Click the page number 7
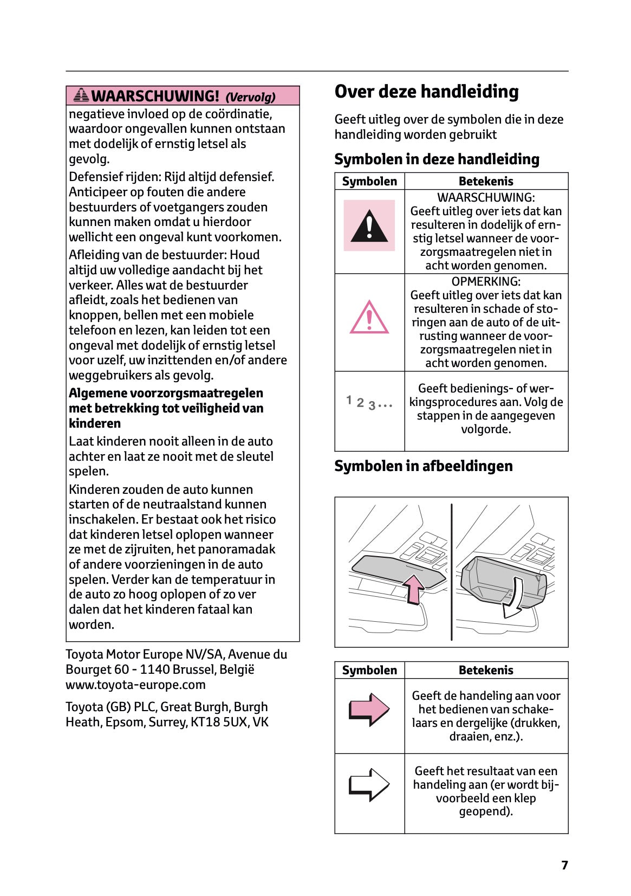coord(564,865)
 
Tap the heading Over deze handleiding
coord(426,92)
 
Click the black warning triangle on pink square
coord(369,226)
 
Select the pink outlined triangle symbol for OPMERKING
coord(369,318)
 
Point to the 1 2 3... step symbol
coord(369,403)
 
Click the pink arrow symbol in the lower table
coord(369,709)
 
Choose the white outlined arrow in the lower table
coord(369,784)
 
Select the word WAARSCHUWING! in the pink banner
coord(155,96)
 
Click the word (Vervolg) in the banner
coord(250,98)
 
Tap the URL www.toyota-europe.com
coord(135,685)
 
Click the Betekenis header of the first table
coord(486,181)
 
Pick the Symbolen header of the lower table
coord(369,670)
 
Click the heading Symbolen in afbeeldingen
coord(423,466)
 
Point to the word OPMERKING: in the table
coord(486,281)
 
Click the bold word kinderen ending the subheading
coord(95,423)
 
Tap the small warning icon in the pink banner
coord(81,95)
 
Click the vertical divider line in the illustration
coord(451,572)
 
